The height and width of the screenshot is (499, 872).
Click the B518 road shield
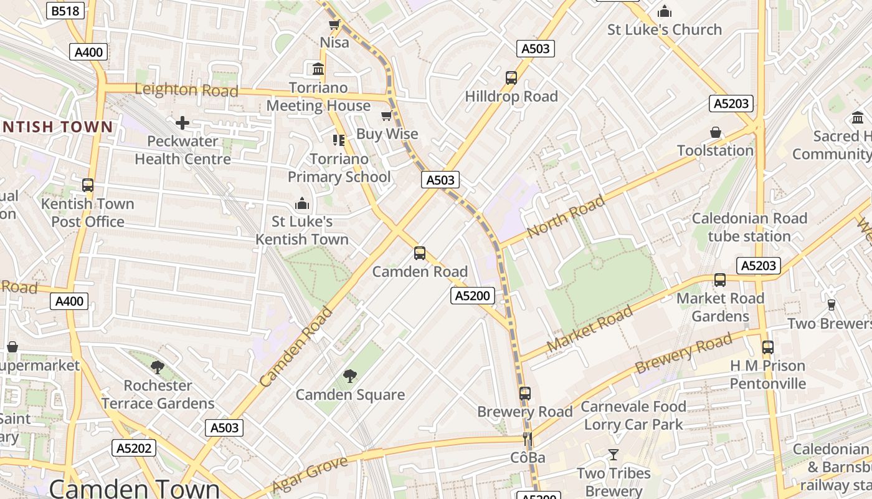coord(65,11)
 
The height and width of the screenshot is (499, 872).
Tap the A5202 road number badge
coord(133,448)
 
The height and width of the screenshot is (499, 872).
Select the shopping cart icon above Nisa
coord(334,25)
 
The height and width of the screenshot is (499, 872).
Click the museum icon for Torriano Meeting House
coord(318,69)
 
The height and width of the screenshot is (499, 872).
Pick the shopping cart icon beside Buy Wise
coord(387,116)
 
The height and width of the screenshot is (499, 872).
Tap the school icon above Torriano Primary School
coord(339,140)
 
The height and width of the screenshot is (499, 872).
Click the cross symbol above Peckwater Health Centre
coord(182,123)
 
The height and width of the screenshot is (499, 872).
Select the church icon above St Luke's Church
coord(665,11)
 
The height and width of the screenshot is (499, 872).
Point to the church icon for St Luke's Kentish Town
coord(302,203)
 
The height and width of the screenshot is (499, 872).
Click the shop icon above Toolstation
coord(716,132)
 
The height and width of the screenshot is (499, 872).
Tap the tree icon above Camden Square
coord(350,376)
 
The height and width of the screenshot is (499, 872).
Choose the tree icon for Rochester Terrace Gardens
coord(158,367)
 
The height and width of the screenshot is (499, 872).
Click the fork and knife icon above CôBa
coord(528,439)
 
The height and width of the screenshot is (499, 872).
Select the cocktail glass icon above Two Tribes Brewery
coord(614,455)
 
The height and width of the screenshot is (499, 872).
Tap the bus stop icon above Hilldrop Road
coord(511,78)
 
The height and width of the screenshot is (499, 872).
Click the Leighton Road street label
coord(186,90)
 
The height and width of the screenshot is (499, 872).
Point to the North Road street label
coord(566,216)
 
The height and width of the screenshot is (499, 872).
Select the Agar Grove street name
coord(301,474)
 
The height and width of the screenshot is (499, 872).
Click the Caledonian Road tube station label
coord(749,227)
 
